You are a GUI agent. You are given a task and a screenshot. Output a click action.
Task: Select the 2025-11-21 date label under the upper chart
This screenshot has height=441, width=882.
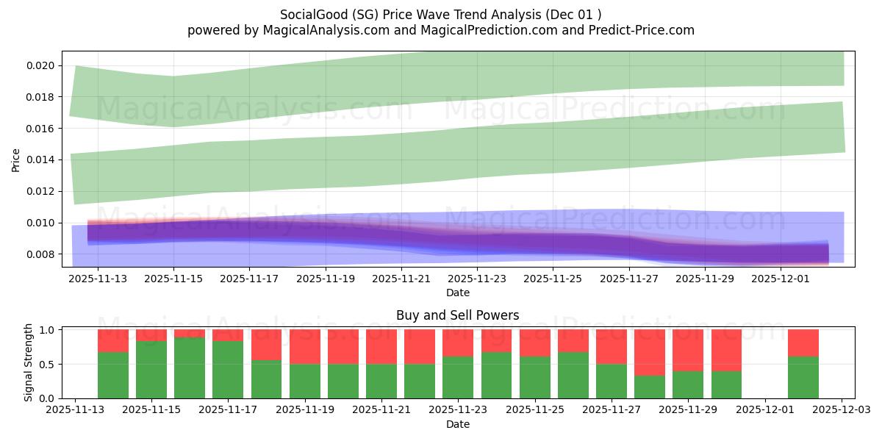401,279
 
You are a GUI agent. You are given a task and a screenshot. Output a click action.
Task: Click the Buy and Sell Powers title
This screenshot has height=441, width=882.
457,315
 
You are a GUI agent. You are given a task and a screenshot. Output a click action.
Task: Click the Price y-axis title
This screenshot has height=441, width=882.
16,159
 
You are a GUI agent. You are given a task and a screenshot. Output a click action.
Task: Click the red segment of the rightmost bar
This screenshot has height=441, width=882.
803,343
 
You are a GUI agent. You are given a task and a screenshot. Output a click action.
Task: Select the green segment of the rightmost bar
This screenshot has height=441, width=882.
803,377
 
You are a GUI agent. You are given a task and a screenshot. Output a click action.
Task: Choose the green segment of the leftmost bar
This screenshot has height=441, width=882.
113,375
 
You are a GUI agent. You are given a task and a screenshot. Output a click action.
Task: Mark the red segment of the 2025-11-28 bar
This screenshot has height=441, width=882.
650,352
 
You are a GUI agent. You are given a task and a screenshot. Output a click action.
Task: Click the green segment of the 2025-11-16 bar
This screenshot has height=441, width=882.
190,367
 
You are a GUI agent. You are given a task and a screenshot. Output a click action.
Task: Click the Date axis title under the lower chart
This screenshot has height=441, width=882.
457,424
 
